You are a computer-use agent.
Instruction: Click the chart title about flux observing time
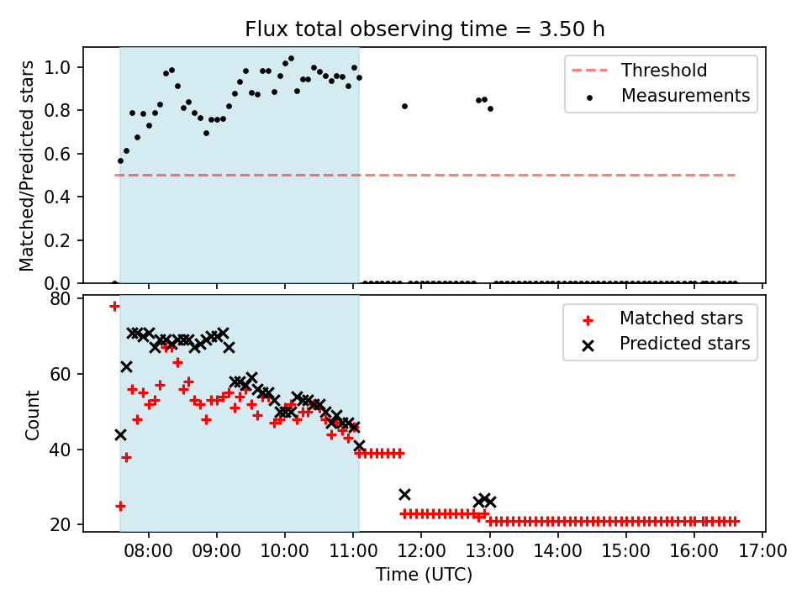(425, 29)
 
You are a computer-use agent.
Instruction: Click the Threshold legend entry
(663, 70)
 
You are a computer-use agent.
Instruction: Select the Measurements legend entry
(685, 96)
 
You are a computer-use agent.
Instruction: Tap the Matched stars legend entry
(681, 318)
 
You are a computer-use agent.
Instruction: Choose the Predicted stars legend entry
(684, 344)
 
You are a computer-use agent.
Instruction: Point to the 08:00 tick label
(149, 552)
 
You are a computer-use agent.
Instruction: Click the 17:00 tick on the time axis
(762, 552)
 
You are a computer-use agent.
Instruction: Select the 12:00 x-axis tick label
(421, 552)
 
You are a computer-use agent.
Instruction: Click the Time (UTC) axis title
(424, 575)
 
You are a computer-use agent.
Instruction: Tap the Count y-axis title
(33, 415)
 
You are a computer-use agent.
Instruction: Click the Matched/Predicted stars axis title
(27, 166)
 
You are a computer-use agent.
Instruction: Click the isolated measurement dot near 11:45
(404, 106)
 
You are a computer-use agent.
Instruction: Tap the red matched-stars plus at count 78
(114, 306)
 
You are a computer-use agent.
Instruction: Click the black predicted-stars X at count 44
(120, 434)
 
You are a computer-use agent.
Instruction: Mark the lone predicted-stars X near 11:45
(404, 494)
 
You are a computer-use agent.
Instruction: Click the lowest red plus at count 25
(120, 506)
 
